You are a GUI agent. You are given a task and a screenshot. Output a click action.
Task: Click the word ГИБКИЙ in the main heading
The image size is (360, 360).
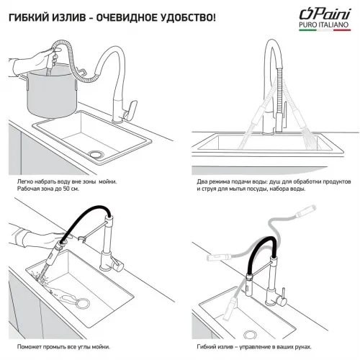(29, 16)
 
